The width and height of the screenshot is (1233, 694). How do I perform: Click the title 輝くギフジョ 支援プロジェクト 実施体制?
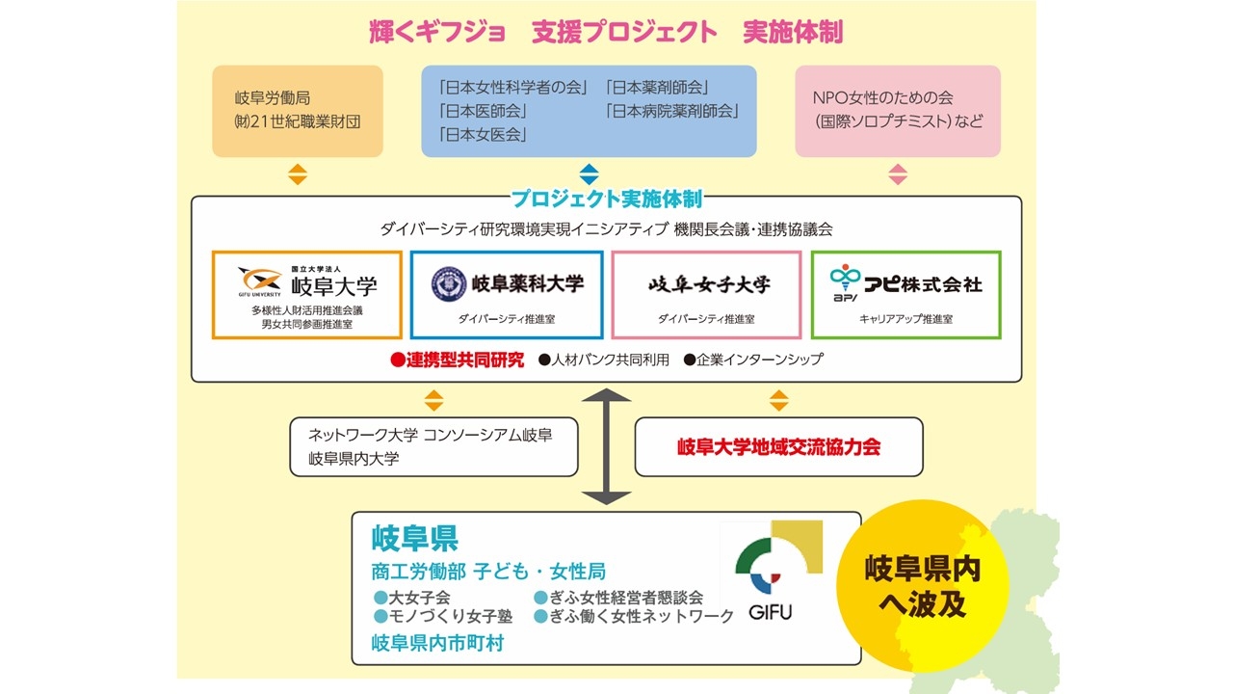[x=606, y=33]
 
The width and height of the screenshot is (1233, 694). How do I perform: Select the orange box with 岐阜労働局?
[x=298, y=111]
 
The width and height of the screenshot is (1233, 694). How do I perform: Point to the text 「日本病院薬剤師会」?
[x=672, y=111]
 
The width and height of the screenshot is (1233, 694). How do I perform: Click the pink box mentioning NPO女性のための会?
[x=897, y=111]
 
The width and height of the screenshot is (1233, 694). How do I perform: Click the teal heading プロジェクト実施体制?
[x=606, y=200]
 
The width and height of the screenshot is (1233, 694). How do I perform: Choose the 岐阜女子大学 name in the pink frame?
[x=709, y=284]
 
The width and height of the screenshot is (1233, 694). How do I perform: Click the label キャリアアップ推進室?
[x=905, y=319]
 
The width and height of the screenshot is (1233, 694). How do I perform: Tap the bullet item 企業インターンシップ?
[x=753, y=360]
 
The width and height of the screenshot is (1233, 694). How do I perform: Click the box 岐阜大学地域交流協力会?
[x=778, y=447]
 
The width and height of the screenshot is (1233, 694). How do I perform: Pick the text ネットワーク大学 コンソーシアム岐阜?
[x=430, y=435]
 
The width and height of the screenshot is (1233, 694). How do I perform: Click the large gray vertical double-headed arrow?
[x=606, y=446]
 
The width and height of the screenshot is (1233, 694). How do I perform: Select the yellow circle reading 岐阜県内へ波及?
[x=922, y=587]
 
